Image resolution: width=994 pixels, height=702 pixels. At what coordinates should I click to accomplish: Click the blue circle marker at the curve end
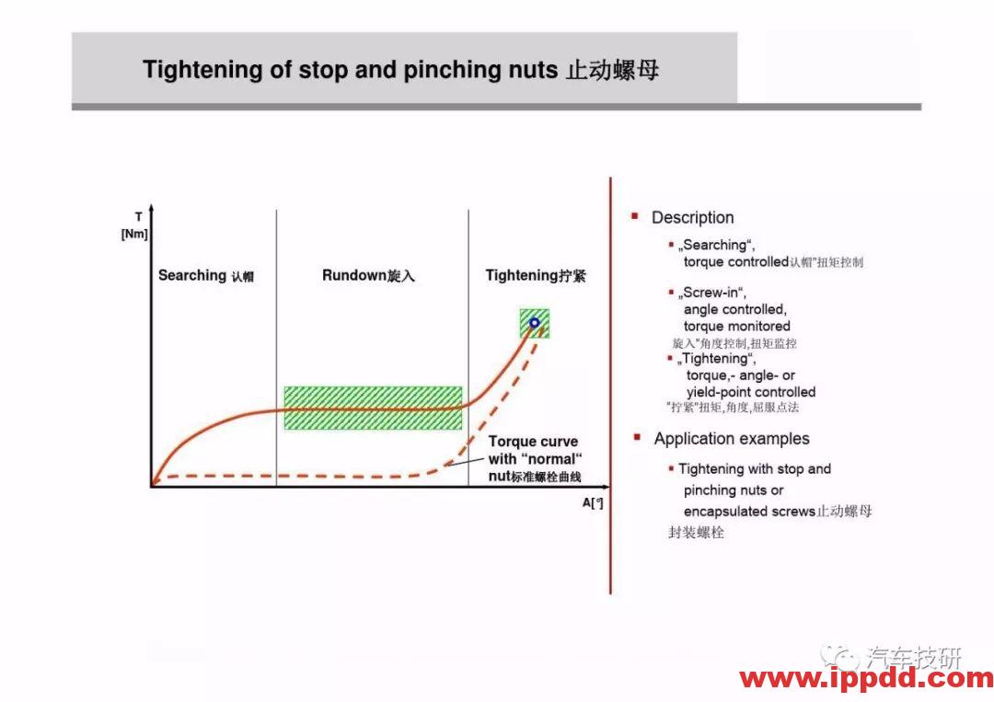534,323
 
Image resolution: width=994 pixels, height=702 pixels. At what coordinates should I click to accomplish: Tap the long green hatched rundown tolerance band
373,408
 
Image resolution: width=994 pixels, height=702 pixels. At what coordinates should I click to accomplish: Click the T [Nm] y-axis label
134,225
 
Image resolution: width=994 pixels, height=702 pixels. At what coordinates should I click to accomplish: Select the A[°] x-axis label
593,502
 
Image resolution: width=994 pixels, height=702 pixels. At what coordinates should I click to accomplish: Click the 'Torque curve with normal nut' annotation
535,458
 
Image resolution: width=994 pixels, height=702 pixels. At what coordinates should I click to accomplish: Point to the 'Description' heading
692,218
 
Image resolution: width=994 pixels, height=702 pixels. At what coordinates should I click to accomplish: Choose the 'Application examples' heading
732,439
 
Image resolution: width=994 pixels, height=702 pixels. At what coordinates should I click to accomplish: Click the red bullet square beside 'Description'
635,217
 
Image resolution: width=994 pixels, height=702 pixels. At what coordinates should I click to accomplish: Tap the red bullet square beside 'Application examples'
636,438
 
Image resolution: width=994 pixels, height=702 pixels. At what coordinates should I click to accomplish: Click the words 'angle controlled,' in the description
734,309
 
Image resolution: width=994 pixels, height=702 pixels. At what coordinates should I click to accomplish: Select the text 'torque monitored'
736,326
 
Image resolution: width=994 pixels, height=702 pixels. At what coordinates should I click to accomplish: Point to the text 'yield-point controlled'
750,392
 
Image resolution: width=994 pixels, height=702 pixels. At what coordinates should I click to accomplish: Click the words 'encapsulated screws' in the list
749,511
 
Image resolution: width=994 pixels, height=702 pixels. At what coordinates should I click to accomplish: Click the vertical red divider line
610,386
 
